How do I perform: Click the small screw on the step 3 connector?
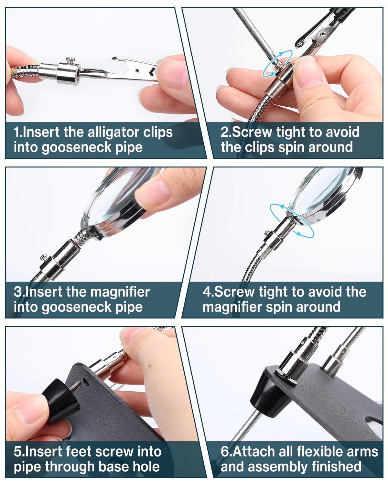point(44,257)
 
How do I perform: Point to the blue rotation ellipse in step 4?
point(292,221)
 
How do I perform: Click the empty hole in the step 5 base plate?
point(85,382)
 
